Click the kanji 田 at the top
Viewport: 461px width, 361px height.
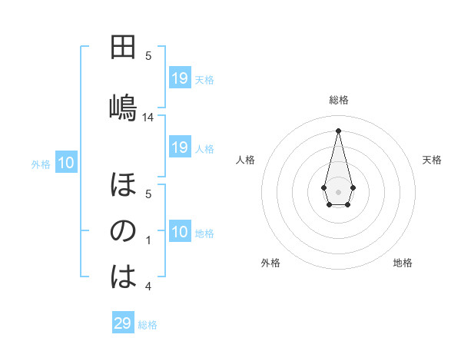tap(123, 48)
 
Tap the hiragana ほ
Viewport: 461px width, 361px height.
tap(123, 185)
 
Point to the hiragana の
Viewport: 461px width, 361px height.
tap(123, 231)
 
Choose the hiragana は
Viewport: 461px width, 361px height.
tap(123, 277)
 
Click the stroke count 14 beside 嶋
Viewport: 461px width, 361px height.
tap(148, 118)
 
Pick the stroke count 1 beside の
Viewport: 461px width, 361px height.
tap(148, 241)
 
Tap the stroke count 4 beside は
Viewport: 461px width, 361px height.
tap(148, 287)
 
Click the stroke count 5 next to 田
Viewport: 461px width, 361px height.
tap(148, 55)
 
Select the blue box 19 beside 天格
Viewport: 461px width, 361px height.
tap(180, 78)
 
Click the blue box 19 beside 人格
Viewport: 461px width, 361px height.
tap(180, 147)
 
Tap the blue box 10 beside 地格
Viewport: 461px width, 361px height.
tap(180, 232)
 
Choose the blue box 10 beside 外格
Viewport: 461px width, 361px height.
tap(66, 163)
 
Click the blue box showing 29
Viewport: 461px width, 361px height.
tap(123, 323)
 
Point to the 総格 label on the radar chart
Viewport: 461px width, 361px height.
tap(339, 100)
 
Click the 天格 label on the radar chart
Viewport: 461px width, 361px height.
tap(432, 160)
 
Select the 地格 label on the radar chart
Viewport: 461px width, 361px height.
tap(403, 263)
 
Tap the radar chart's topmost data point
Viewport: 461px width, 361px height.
tap(338, 131)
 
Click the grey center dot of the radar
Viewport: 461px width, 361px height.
tap(338, 180)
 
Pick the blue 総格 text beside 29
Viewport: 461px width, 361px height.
tap(148, 325)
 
